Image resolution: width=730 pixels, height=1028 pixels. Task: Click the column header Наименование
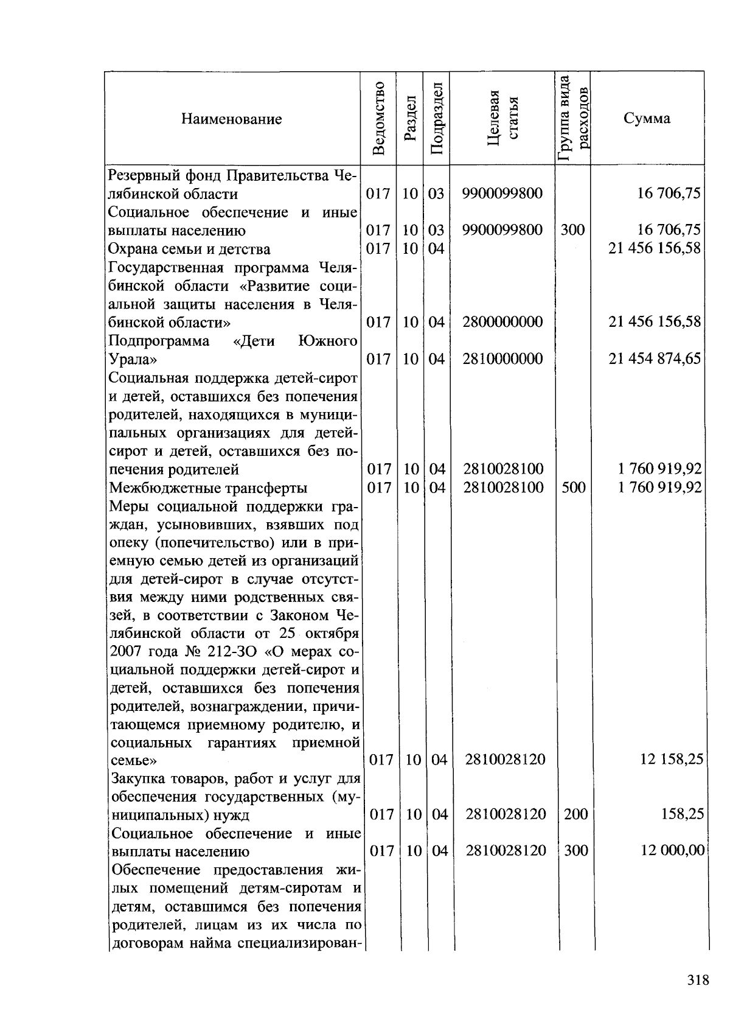pos(231,119)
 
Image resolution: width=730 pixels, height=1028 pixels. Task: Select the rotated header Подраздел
pos(436,118)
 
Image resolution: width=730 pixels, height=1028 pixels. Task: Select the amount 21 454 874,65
pos(655,358)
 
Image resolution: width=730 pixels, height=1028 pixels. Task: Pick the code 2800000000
pos(502,322)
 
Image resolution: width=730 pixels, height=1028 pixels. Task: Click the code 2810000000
pos(502,358)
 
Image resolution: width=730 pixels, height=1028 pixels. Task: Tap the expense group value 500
pos(573,488)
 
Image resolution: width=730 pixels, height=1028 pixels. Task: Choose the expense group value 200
pos(575,814)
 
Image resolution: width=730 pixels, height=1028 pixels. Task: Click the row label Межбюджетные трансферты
pos(207,488)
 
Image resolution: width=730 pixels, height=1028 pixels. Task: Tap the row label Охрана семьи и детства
pos(189,250)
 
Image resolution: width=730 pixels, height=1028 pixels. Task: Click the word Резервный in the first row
pos(144,176)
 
